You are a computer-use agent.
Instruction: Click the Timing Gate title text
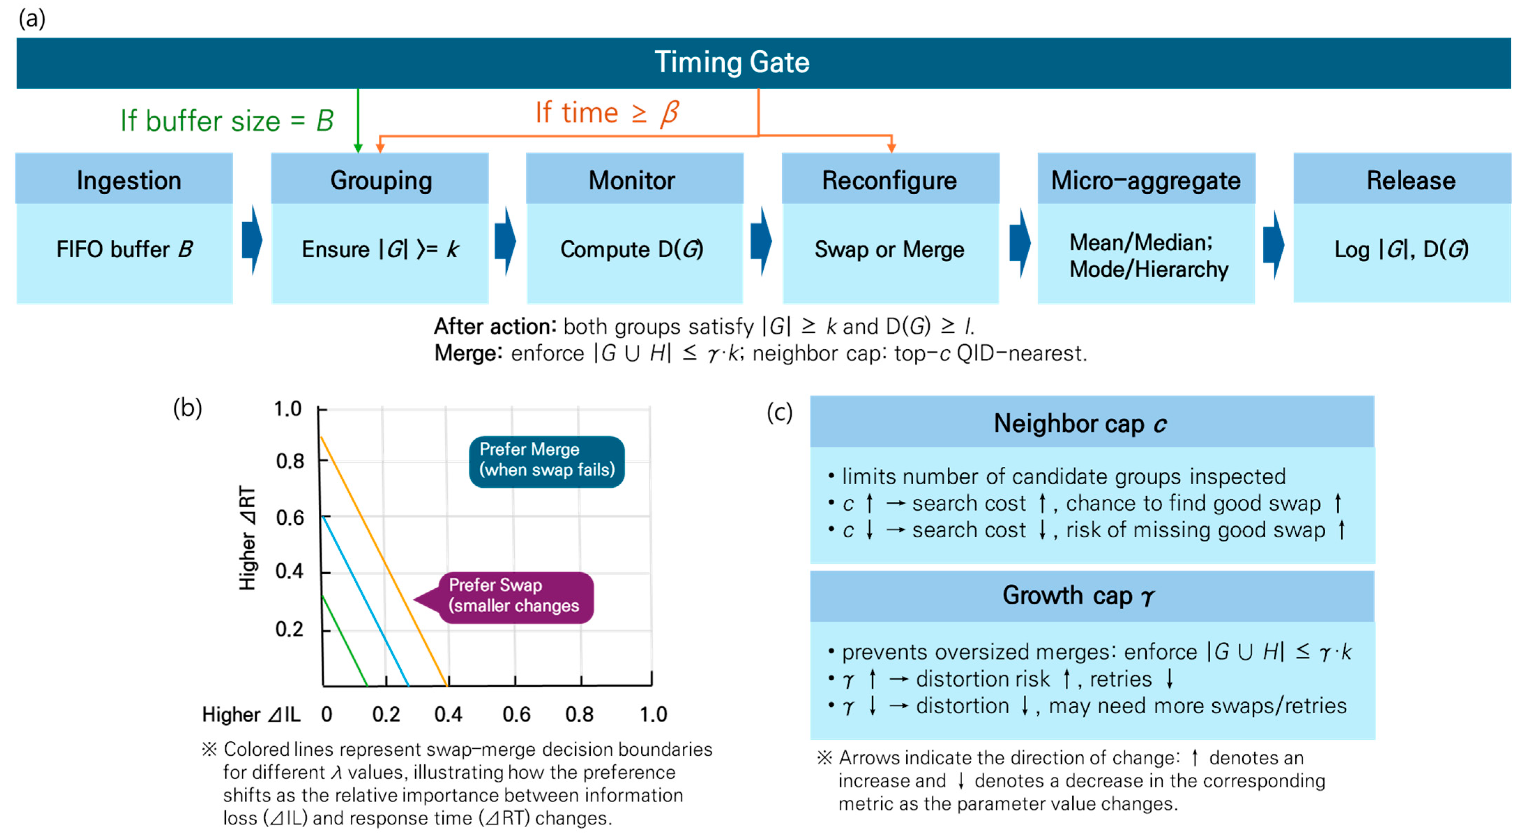[732, 62]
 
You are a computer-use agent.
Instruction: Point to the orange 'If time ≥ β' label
[607, 112]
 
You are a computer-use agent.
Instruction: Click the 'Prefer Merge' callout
[546, 460]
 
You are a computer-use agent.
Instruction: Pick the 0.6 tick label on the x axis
[516, 714]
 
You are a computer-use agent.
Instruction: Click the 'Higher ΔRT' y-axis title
[247, 538]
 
